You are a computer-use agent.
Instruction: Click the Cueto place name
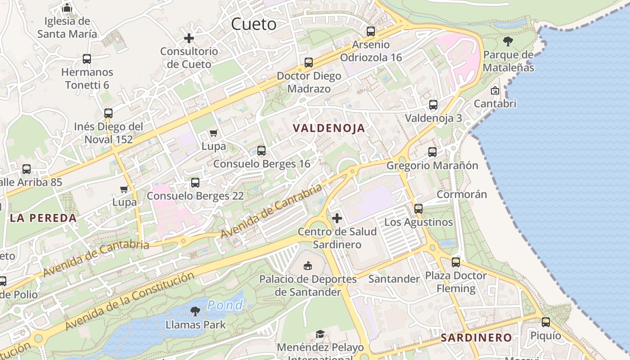click(254, 24)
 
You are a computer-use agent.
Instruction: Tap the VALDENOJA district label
click(329, 128)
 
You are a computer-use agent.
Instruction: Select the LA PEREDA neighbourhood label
click(43, 218)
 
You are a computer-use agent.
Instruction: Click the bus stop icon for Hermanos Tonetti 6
click(87, 59)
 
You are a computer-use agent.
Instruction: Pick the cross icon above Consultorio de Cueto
click(189, 38)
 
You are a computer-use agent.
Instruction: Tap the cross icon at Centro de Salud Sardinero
click(337, 219)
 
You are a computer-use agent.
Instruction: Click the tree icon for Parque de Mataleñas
click(508, 42)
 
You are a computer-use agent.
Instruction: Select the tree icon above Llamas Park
click(195, 311)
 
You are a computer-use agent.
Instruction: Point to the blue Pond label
click(225, 305)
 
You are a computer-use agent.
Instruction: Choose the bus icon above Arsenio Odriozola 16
click(371, 31)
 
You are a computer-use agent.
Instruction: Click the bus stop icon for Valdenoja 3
click(433, 105)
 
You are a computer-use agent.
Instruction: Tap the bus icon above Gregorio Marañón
click(432, 152)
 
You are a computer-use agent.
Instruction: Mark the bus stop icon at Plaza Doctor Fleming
click(456, 262)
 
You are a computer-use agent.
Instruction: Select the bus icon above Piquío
click(546, 322)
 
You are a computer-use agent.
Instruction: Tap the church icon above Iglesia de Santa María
click(67, 8)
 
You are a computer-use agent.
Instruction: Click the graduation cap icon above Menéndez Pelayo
click(320, 334)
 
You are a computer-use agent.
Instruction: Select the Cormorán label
click(462, 194)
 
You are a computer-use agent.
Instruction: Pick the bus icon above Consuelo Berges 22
click(195, 183)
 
